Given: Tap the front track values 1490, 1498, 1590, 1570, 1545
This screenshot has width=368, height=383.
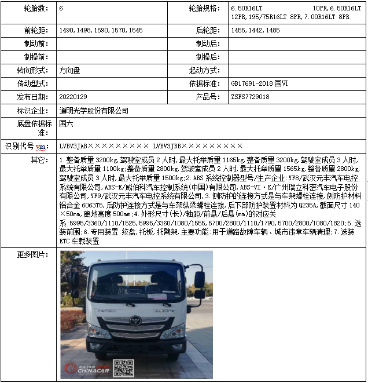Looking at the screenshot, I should coord(101,30).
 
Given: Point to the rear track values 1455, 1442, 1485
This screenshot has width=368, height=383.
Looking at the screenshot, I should coord(255,30).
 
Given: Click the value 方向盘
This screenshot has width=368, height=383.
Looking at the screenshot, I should coord(71,70).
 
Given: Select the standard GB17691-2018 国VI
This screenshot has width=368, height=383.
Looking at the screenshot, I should coord(259,83).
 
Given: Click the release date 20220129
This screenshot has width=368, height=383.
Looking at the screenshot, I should coord(74,97).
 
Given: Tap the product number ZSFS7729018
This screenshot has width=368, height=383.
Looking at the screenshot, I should coord(250,97).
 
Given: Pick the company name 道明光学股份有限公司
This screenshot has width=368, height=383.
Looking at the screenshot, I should coord(94,111).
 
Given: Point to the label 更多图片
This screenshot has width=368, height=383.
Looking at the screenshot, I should coord(31,254).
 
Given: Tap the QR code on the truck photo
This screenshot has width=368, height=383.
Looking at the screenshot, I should coord(123,369).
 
